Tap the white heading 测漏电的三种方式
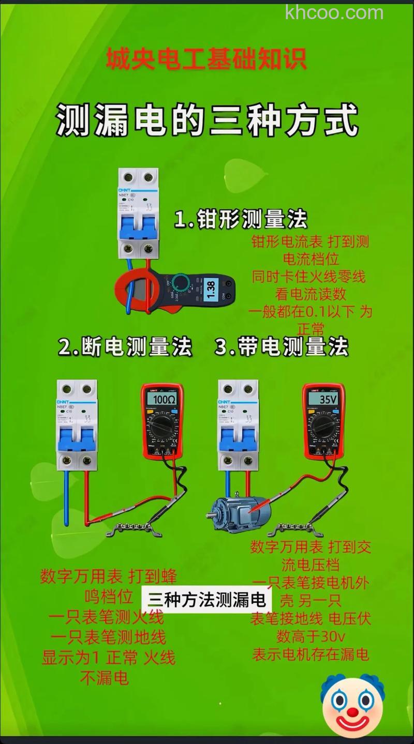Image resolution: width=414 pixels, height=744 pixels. pyautogui.click(x=207, y=120)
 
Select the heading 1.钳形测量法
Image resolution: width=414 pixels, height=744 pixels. pyautogui.click(x=241, y=220)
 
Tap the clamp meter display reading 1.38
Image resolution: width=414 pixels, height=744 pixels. pyautogui.click(x=211, y=289)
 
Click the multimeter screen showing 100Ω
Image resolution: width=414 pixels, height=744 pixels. pyautogui.click(x=162, y=399)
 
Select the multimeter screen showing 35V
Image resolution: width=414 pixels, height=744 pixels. pyautogui.click(x=323, y=399)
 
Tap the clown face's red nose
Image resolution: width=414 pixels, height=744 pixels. pyautogui.click(x=352, y=712)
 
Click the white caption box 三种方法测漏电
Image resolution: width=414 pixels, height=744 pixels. pyautogui.click(x=206, y=600)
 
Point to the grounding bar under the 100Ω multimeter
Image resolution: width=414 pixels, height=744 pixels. pyautogui.click(x=134, y=528)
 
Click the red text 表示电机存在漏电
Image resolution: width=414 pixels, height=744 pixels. pyautogui.click(x=310, y=654)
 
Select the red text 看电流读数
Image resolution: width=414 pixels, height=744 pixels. pyautogui.click(x=310, y=294)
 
